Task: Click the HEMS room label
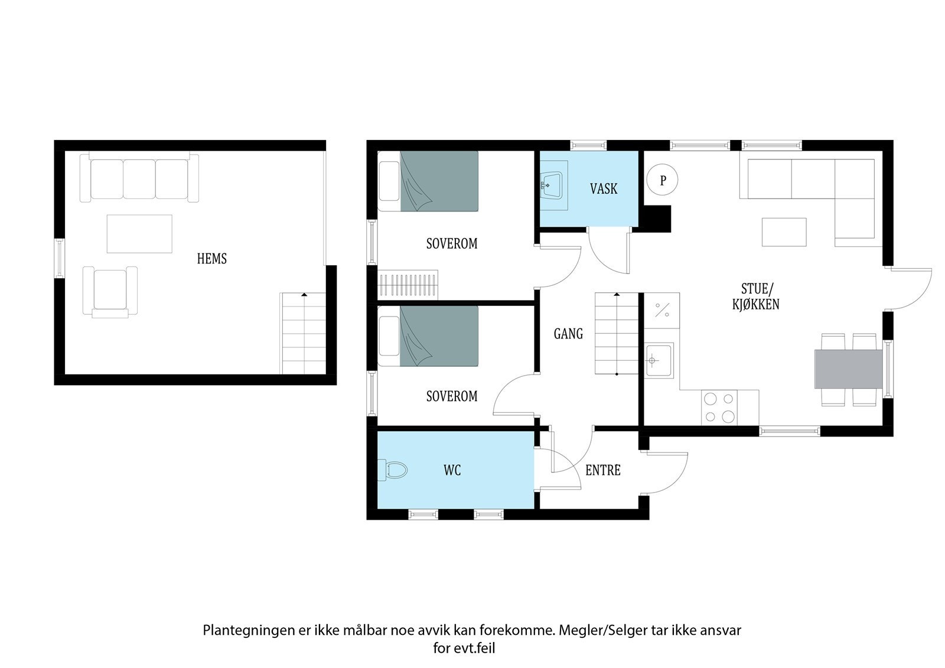pyautogui.click(x=211, y=259)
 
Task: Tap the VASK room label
pyautogui.click(x=603, y=189)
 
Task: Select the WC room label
pyautogui.click(x=452, y=470)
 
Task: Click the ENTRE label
pyautogui.click(x=602, y=470)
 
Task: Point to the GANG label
pyautogui.click(x=568, y=334)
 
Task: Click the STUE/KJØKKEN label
pyautogui.click(x=757, y=296)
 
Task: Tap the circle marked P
pyautogui.click(x=662, y=180)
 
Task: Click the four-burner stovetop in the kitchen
pyautogui.click(x=719, y=408)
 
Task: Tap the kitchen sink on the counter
pyautogui.click(x=658, y=360)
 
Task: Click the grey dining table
pyautogui.click(x=848, y=369)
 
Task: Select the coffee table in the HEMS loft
pyautogui.click(x=139, y=234)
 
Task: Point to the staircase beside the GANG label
pyautogui.click(x=616, y=334)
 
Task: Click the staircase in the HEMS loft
pyautogui.click(x=302, y=334)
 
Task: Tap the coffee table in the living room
pyautogui.click(x=784, y=232)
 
